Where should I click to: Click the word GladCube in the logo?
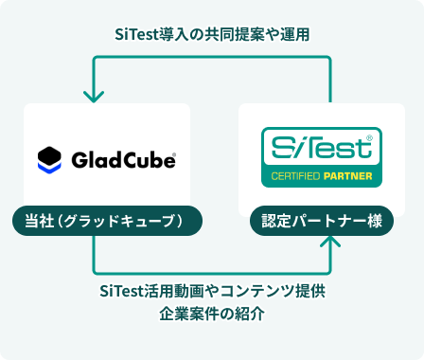120,159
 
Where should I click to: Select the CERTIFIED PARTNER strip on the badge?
322,176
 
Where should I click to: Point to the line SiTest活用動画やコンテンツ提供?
212,290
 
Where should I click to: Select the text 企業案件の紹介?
212,314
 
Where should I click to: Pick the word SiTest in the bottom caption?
121,290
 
